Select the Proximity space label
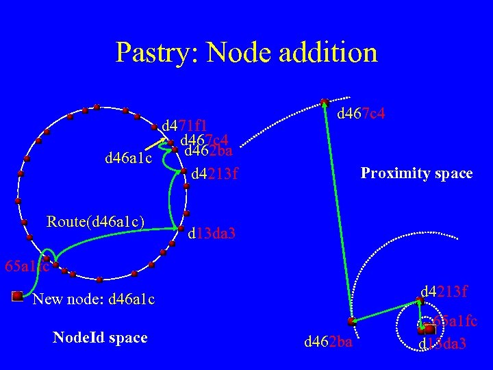416,173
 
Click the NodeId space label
100,337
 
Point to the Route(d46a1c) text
95,221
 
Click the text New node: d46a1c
94,299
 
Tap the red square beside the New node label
18,296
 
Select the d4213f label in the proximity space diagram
444,293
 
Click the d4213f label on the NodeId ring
214,174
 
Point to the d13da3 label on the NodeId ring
212,234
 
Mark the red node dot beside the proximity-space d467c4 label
325,103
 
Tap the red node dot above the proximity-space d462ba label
350,321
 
